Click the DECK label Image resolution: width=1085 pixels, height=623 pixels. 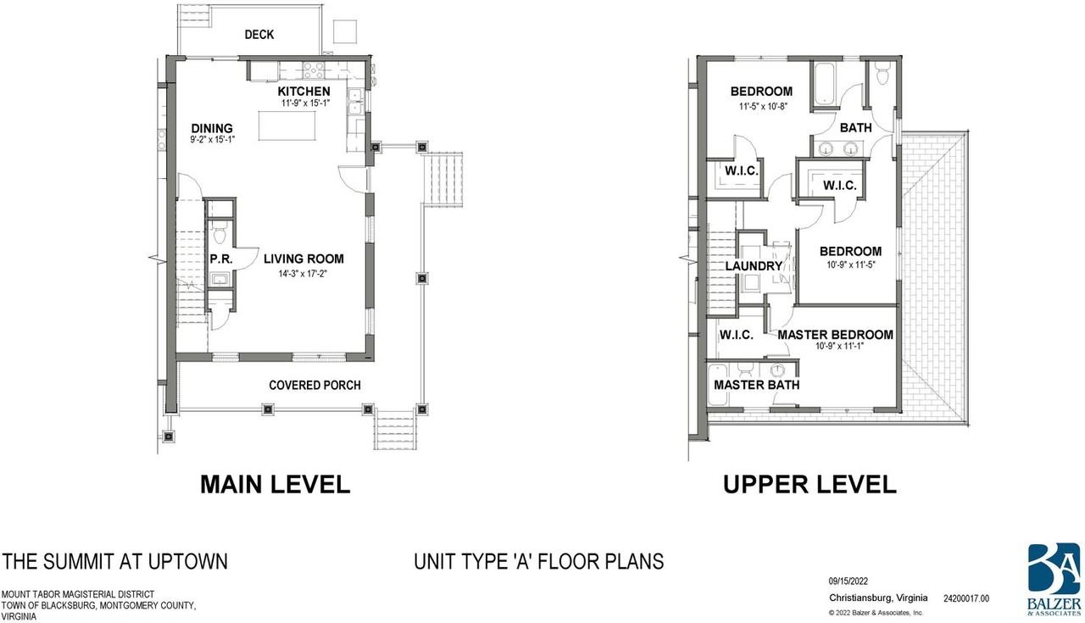click(259, 35)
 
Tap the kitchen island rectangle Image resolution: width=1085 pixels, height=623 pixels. click(287, 126)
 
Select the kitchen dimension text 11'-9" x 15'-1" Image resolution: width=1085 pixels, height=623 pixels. click(305, 103)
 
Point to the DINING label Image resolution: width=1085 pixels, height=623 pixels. click(212, 128)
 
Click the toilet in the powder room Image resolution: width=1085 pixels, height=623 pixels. click(220, 234)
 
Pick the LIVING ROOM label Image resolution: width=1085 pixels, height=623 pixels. click(303, 259)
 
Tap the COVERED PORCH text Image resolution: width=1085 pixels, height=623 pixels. click(314, 385)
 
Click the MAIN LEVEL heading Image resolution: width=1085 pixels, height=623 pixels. click(275, 485)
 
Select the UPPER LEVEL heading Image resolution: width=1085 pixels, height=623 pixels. click(810, 485)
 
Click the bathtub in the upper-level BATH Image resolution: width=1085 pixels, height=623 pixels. click(825, 83)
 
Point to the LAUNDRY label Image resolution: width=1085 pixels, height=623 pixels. click(754, 266)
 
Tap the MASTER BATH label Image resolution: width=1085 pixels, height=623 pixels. click(757, 385)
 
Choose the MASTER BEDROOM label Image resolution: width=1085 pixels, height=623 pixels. click(836, 335)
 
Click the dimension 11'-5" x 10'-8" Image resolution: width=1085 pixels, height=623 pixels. click(763, 107)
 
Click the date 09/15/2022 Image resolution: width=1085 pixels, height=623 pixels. click(849, 581)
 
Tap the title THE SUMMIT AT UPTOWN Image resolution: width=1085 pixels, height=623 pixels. click(114, 561)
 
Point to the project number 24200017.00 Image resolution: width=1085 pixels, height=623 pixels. click(966, 598)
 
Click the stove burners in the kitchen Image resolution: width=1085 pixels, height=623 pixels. click(314, 70)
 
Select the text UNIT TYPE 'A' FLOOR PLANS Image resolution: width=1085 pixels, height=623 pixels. click(538, 561)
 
